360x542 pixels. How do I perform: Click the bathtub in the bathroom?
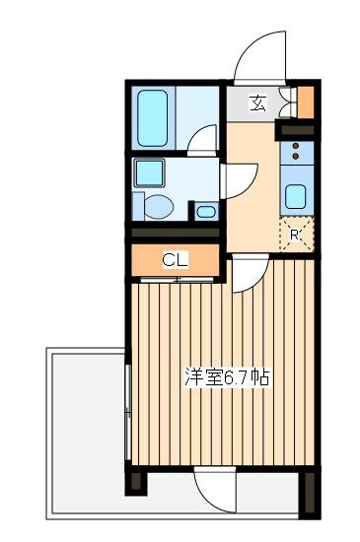click(154, 118)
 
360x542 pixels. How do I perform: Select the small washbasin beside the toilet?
click(204, 210)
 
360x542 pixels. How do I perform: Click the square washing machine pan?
click(150, 174)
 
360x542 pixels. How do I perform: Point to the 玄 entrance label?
click(256, 102)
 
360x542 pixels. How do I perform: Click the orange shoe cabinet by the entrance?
click(305, 102)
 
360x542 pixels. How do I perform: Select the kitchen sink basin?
click(296, 193)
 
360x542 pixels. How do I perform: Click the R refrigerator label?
click(294, 235)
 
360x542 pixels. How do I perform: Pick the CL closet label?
click(175, 260)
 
